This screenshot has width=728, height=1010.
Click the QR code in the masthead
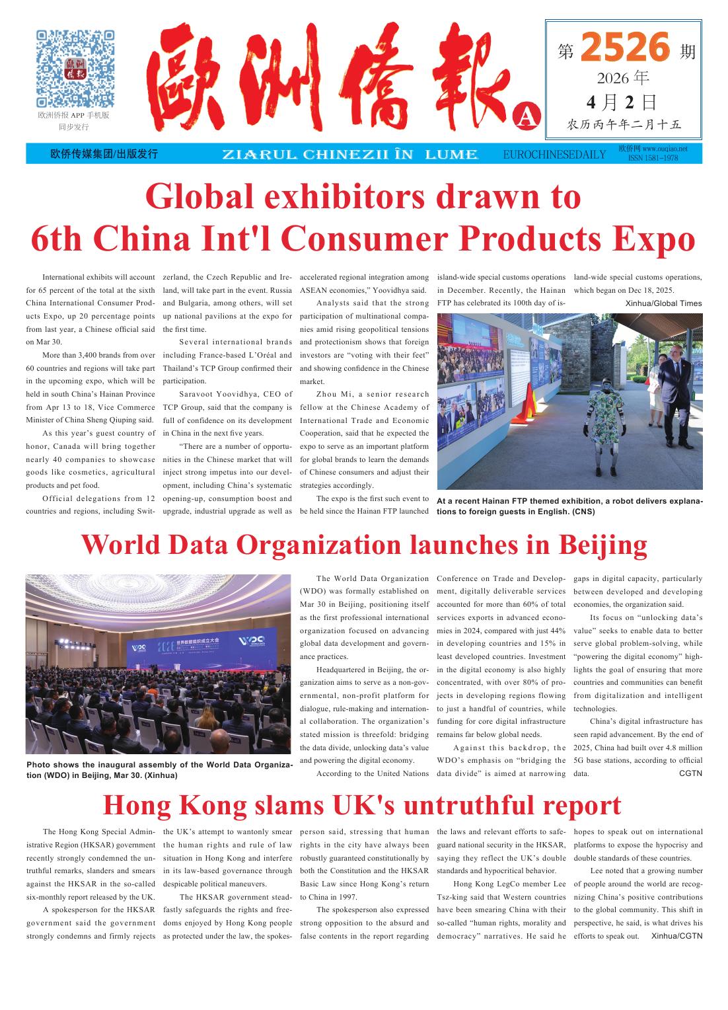click(75, 68)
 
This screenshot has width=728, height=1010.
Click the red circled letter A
click(527, 116)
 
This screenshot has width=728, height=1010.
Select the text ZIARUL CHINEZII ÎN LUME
click(350, 155)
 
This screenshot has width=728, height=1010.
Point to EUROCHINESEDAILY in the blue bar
click(554, 155)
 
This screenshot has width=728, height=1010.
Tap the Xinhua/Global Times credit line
click(663, 303)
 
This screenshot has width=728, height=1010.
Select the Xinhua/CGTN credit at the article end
click(676, 936)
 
